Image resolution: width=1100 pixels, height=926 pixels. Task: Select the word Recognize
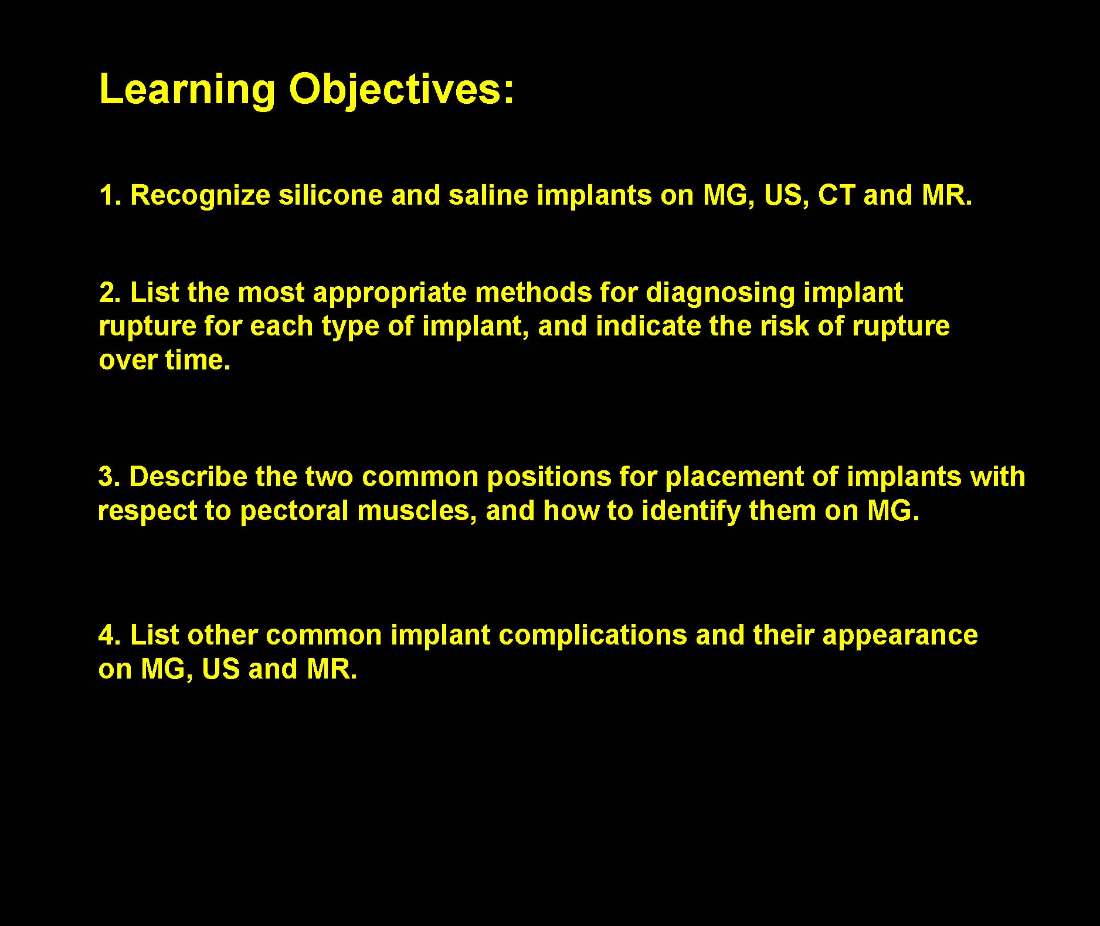click(200, 196)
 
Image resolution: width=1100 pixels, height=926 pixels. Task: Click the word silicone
click(331, 195)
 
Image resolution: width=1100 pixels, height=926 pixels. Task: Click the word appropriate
click(390, 294)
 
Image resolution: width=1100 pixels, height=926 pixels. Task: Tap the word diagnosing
click(720, 294)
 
